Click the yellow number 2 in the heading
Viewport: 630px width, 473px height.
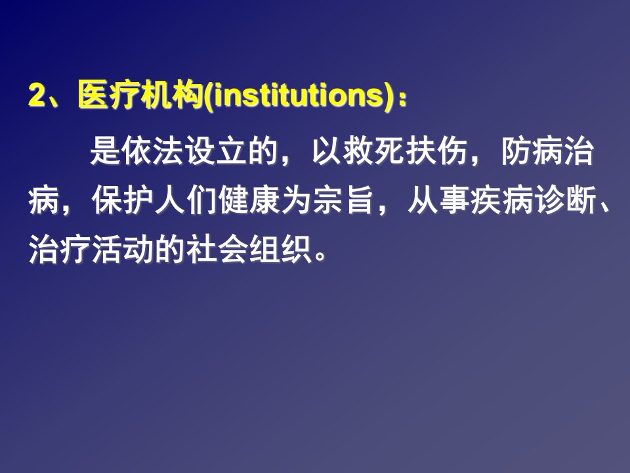[37, 95]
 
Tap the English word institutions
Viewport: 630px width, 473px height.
[298, 95]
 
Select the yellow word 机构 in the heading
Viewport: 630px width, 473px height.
[172, 95]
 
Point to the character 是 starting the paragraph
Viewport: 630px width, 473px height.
[105, 151]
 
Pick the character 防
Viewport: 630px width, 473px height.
[516, 151]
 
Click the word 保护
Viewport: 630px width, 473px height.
[123, 200]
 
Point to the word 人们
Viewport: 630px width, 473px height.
[186, 200]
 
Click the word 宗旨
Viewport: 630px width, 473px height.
[344, 200]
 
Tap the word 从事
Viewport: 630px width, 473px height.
[439, 200]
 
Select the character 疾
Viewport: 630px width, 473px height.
[486, 200]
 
